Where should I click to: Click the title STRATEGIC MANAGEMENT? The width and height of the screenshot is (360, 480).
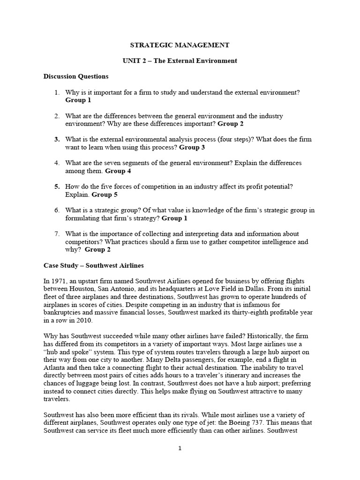180,45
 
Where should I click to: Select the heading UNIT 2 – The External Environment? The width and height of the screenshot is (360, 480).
180,61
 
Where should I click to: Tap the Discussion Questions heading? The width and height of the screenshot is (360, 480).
76,76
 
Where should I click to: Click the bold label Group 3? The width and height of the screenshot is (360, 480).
193,147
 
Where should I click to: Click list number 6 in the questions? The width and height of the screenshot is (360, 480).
57,210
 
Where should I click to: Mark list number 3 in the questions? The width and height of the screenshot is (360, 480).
57,140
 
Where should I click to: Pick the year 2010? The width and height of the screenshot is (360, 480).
87,321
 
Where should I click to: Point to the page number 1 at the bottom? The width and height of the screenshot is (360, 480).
180,449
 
